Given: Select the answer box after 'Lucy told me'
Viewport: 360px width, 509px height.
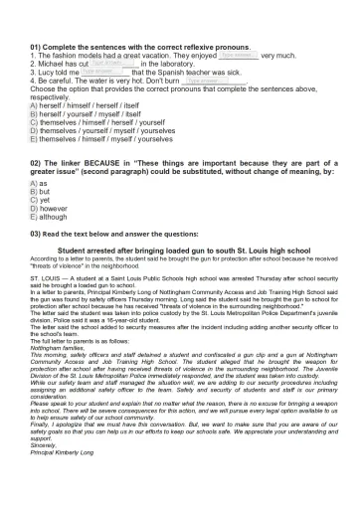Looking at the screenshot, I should [103, 73].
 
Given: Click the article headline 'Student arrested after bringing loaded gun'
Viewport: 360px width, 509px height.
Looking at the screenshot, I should [179, 252].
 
